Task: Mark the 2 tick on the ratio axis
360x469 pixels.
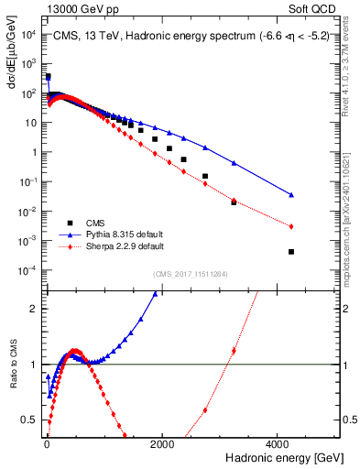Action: click(38, 309)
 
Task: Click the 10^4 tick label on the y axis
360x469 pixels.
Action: click(30, 34)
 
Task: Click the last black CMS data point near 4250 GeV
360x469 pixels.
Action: click(291, 252)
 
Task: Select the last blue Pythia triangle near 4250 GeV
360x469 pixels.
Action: click(291, 194)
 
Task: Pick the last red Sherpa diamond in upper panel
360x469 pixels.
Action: click(291, 226)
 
